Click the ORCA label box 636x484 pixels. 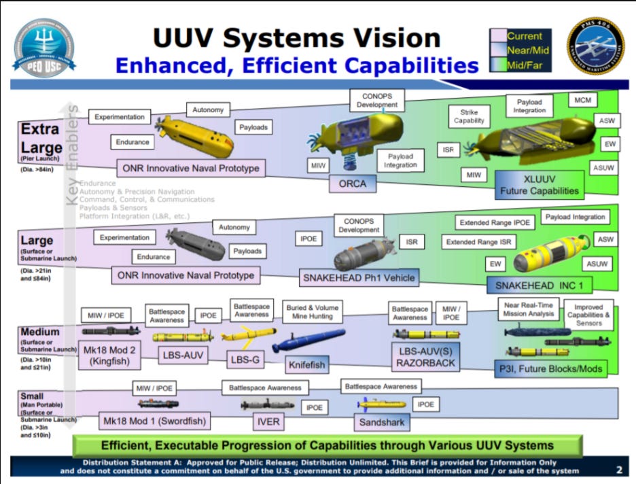pos(352,184)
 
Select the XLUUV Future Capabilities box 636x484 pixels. pos(540,184)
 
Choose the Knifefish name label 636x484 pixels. pos(306,364)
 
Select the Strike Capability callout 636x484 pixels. pos(469,116)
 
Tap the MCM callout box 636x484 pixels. pos(582,101)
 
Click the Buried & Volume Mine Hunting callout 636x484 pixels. pos(313,312)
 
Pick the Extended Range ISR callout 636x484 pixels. pos(479,242)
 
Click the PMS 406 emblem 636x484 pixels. pos(596,47)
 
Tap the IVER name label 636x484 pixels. pos(267,422)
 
